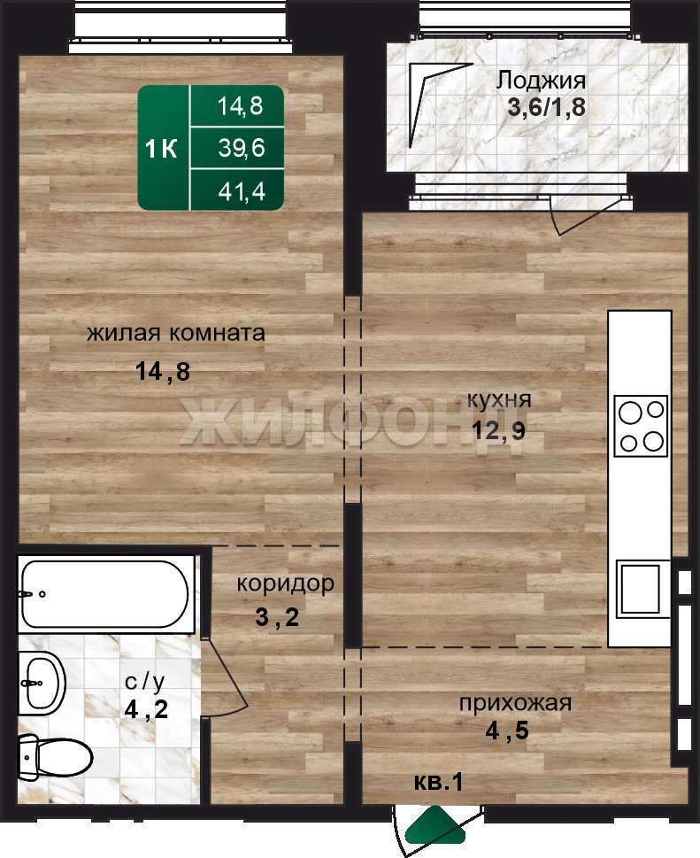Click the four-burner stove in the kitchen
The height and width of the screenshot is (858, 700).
coord(641,426)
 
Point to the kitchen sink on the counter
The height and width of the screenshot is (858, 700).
coord(641,589)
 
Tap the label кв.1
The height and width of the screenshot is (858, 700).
coord(438,782)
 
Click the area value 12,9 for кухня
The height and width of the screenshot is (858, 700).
coord(498,430)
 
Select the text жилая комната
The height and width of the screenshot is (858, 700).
coord(176,333)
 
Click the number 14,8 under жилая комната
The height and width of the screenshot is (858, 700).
coord(163,372)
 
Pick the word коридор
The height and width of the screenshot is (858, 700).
coord(285,584)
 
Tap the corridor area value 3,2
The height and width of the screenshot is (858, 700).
coord(277,617)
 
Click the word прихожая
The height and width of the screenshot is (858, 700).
coord(515,704)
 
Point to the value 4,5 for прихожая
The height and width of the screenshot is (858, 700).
coord(507,730)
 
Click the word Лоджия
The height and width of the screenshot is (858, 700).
coord(541,81)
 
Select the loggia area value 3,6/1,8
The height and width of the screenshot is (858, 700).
coord(546,107)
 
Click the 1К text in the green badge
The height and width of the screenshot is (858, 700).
coord(161,148)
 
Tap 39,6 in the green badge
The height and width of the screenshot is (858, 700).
coord(242,148)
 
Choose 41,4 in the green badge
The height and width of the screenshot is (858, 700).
coord(242,191)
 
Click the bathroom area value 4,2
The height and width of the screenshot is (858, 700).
coord(146,710)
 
